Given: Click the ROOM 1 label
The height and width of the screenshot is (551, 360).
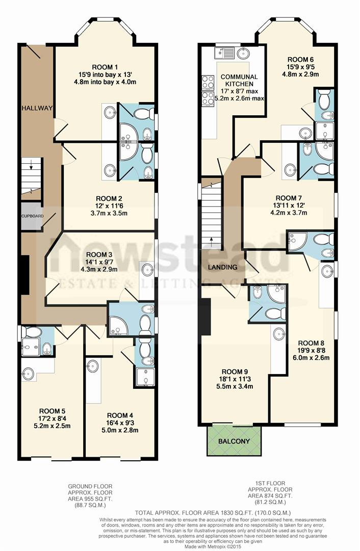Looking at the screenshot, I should coord(105,67).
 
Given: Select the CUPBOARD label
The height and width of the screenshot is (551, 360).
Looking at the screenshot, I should coord(32,216).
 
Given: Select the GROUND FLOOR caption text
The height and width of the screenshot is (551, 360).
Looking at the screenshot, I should coord(91,487).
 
